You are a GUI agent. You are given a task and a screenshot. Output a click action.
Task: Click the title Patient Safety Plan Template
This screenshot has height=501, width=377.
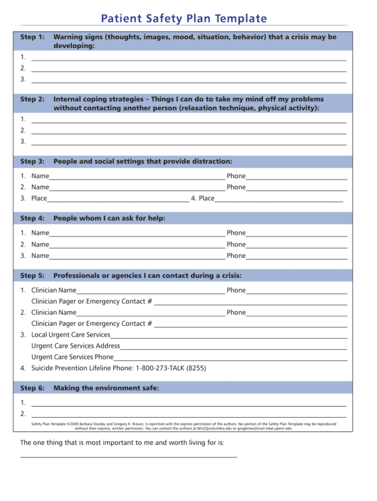click(x=184, y=19)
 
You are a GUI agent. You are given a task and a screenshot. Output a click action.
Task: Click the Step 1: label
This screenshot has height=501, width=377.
click(x=32, y=37)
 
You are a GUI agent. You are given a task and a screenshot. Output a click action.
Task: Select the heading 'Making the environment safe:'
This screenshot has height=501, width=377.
click(x=106, y=388)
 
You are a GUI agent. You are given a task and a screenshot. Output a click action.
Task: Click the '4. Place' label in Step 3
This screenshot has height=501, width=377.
click(x=203, y=198)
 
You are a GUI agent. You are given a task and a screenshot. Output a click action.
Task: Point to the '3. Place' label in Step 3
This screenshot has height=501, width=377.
click(x=34, y=198)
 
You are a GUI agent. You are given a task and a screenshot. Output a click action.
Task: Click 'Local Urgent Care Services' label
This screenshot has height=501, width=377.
click(x=70, y=335)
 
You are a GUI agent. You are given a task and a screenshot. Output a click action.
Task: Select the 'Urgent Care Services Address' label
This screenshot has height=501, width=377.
click(x=76, y=346)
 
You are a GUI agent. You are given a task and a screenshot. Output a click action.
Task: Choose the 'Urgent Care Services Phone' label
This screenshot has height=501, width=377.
click(x=72, y=357)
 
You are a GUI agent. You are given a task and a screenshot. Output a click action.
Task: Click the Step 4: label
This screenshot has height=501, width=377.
click(x=32, y=218)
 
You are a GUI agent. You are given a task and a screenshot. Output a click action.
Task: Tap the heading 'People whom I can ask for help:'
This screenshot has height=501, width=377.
click(x=109, y=218)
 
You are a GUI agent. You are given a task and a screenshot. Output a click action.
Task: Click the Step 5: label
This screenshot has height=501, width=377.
click(x=32, y=276)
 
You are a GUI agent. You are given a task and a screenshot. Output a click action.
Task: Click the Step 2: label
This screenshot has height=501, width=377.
click(x=32, y=99)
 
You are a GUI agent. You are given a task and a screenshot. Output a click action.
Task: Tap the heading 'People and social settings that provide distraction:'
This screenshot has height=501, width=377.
click(x=143, y=162)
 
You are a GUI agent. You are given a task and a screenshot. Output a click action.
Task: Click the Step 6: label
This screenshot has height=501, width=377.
click(x=32, y=388)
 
